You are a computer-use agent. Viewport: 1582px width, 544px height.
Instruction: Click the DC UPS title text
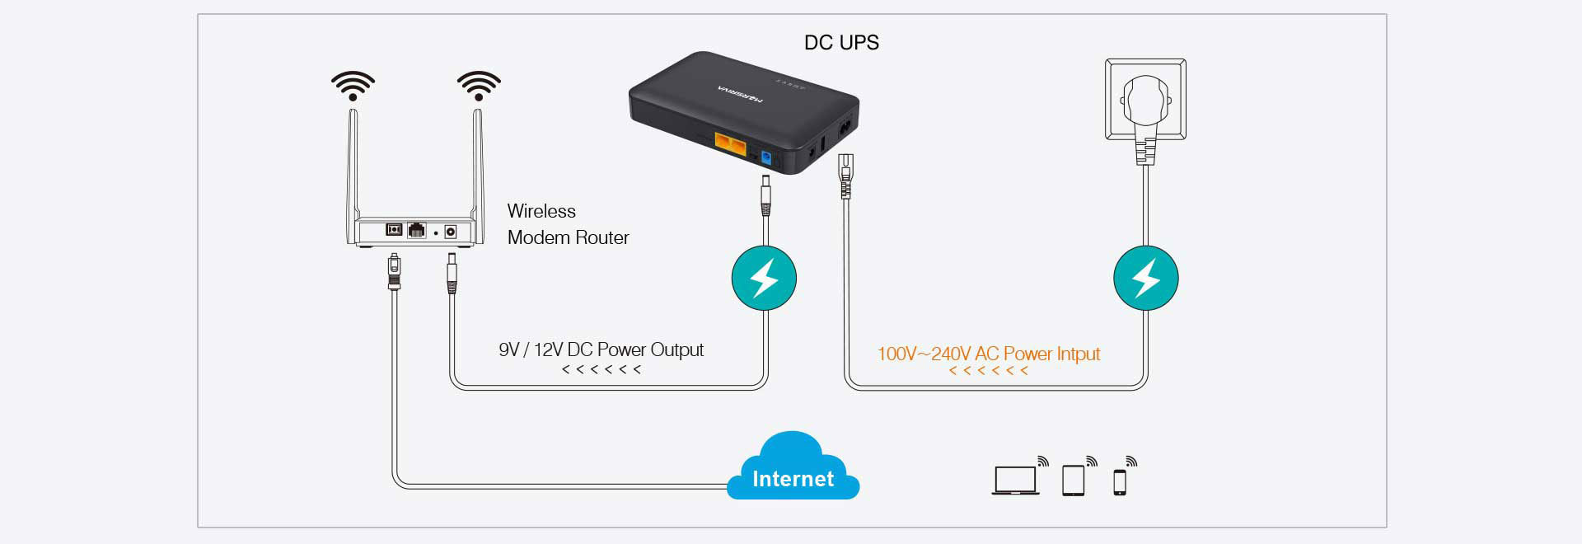(841, 43)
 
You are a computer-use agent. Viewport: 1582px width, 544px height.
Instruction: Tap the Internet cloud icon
(793, 467)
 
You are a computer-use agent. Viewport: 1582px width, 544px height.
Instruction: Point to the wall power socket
(1145, 99)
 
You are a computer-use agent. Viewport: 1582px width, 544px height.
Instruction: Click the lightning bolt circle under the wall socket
(1146, 278)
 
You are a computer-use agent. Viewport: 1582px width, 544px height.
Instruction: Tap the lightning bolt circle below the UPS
(765, 278)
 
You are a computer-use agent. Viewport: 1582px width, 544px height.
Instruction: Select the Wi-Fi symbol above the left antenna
(353, 86)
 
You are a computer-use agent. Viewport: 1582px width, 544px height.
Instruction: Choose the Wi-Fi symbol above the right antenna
(479, 86)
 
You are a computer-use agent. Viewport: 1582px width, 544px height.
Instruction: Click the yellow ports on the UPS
(731, 146)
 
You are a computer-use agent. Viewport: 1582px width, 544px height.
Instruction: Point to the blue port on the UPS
(766, 157)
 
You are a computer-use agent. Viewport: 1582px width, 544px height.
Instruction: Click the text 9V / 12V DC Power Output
(601, 349)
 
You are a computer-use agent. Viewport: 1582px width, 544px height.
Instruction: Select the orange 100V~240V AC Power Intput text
(989, 354)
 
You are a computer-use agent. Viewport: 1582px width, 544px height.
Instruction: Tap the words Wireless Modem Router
(568, 224)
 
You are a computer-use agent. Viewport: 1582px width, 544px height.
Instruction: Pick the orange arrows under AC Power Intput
(989, 371)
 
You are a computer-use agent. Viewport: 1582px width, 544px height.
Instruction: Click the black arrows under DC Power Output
(601, 369)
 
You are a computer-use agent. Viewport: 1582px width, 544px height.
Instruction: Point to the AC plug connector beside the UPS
(844, 176)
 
